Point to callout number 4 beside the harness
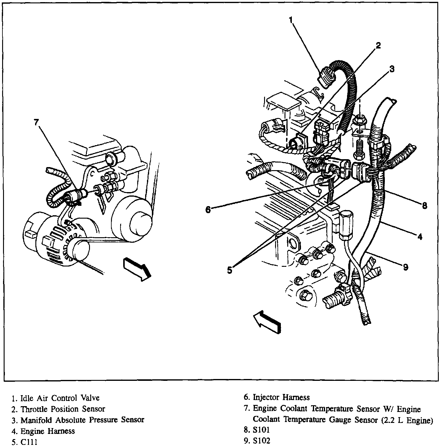(420, 236)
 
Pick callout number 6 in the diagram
(208, 210)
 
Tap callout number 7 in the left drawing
(36, 122)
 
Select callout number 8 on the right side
(424, 206)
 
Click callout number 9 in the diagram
(405, 267)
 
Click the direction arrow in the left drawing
(137, 268)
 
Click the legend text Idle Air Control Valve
(60, 398)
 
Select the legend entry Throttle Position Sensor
(63, 409)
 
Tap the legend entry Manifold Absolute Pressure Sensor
(82, 420)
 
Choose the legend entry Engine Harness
(48, 431)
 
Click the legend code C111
(29, 442)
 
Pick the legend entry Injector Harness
(281, 397)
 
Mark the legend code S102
(261, 441)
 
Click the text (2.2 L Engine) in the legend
(407, 420)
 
